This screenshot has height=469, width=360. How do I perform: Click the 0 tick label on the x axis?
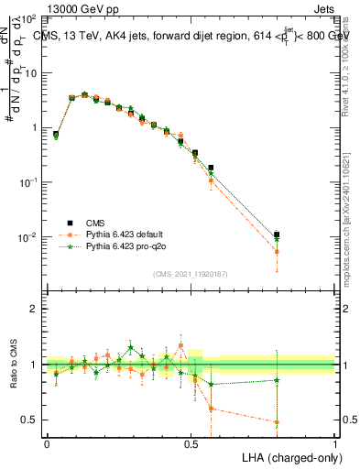pos(47,443)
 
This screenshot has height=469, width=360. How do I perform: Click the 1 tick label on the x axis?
pos(335,443)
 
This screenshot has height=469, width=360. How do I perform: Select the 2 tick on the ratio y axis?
pos(34,310)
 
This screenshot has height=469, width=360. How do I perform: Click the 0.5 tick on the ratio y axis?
pos(29,420)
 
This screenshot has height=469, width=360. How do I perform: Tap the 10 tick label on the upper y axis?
pos(30,73)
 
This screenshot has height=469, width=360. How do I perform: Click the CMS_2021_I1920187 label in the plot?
pos(191,274)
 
